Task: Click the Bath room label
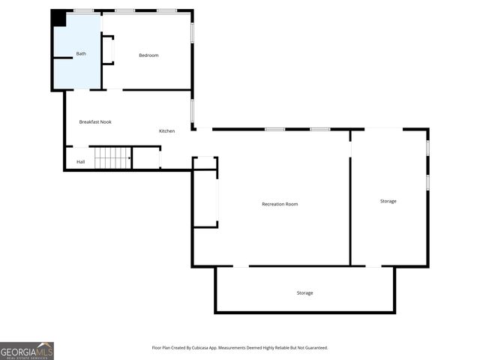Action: tap(81, 54)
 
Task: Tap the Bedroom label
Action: tap(148, 55)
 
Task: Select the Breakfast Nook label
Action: tap(95, 121)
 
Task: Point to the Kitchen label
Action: tap(166, 131)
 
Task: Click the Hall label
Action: tap(80, 162)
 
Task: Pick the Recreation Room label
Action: tap(280, 204)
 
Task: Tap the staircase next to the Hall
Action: tap(112, 158)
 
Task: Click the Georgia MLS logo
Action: tap(27, 350)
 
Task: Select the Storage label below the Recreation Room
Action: tap(304, 292)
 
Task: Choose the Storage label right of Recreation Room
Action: tap(388, 201)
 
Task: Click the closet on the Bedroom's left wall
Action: tap(107, 50)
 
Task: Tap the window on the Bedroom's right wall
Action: tap(192, 32)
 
